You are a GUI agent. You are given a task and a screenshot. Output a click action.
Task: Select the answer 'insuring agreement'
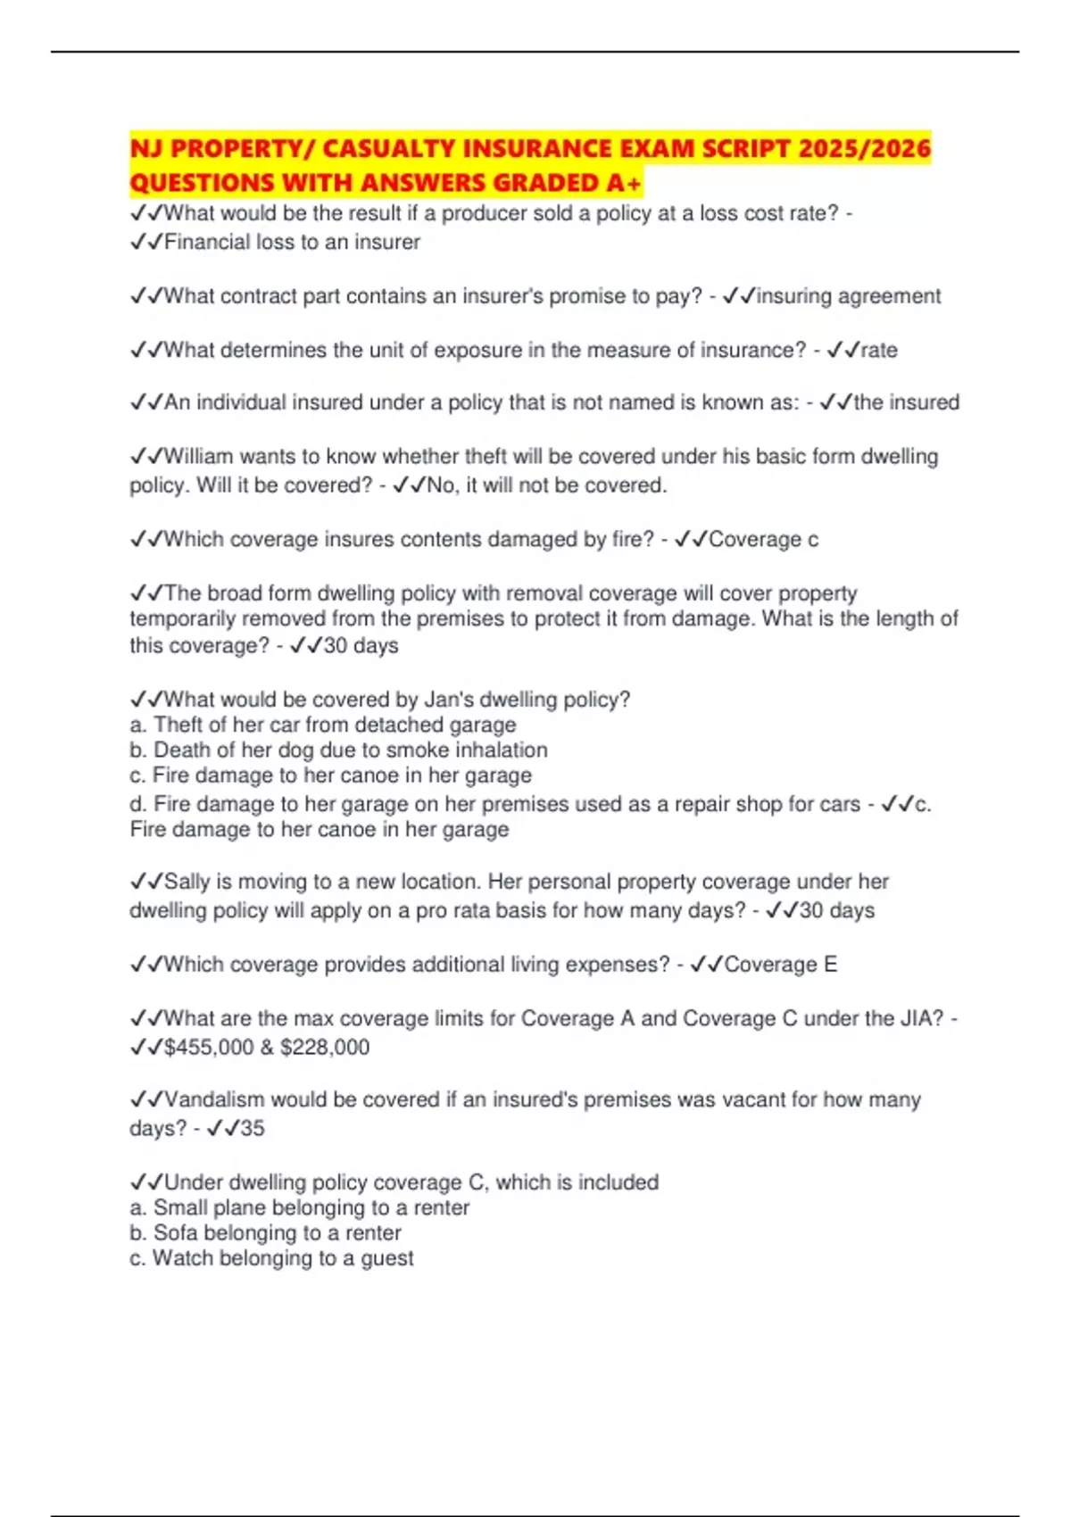point(848,296)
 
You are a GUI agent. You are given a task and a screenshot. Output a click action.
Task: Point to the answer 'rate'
point(879,350)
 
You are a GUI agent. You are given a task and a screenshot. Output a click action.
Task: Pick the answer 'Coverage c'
point(763,540)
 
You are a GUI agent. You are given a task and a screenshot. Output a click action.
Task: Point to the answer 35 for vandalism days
point(253,1129)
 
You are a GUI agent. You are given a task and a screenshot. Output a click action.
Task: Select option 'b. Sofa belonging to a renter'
point(265,1233)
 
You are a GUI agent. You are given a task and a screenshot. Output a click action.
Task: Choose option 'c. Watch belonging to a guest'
point(271,1258)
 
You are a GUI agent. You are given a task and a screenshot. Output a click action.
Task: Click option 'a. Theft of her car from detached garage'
point(322,725)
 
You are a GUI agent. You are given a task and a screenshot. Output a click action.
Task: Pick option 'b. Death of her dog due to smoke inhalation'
point(338,750)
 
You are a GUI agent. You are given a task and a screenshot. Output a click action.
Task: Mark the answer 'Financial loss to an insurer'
point(292,243)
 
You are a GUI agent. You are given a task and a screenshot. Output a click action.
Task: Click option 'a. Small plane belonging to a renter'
point(299,1208)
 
